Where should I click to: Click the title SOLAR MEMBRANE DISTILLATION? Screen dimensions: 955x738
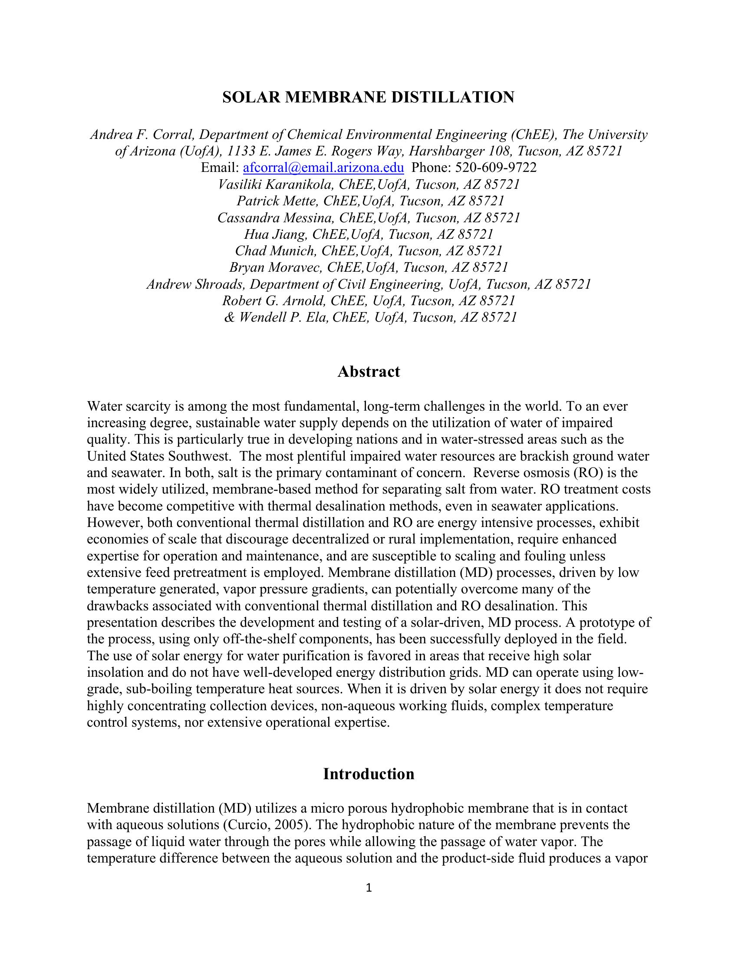pyautogui.click(x=368, y=97)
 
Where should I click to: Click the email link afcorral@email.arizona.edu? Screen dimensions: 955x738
pyautogui.click(x=323, y=168)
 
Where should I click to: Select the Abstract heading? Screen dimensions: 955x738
pyautogui.click(x=369, y=372)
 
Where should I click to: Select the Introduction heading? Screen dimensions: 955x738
pyautogui.click(x=369, y=774)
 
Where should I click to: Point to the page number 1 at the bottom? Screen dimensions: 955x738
pyautogui.click(x=369, y=887)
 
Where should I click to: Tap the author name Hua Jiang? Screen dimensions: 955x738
pyautogui.click(x=274, y=234)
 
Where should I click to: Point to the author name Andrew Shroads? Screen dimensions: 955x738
pyautogui.click(x=194, y=284)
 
